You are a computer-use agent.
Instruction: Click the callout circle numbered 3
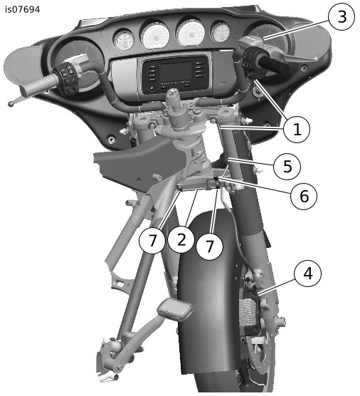pyautogui.click(x=342, y=17)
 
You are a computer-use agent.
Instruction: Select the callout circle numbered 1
pyautogui.click(x=297, y=130)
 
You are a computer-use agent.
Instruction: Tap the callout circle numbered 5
pyautogui.click(x=287, y=167)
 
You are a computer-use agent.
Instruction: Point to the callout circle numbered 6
pyautogui.click(x=304, y=196)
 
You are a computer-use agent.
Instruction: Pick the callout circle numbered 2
pyautogui.click(x=181, y=239)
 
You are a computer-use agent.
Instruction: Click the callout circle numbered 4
pyautogui.click(x=308, y=273)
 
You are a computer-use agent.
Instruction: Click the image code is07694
pyautogui.click(x=23, y=9)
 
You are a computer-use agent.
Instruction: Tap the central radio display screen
pyautogui.click(x=175, y=73)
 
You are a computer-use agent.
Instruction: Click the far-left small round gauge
pyautogui.click(x=124, y=38)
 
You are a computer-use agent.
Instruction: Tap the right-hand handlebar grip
pyautogui.click(x=273, y=65)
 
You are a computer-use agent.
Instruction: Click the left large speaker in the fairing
pyautogui.click(x=75, y=63)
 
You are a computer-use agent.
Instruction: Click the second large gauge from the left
pyautogui.click(x=155, y=36)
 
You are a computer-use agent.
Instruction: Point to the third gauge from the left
pyautogui.click(x=190, y=33)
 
